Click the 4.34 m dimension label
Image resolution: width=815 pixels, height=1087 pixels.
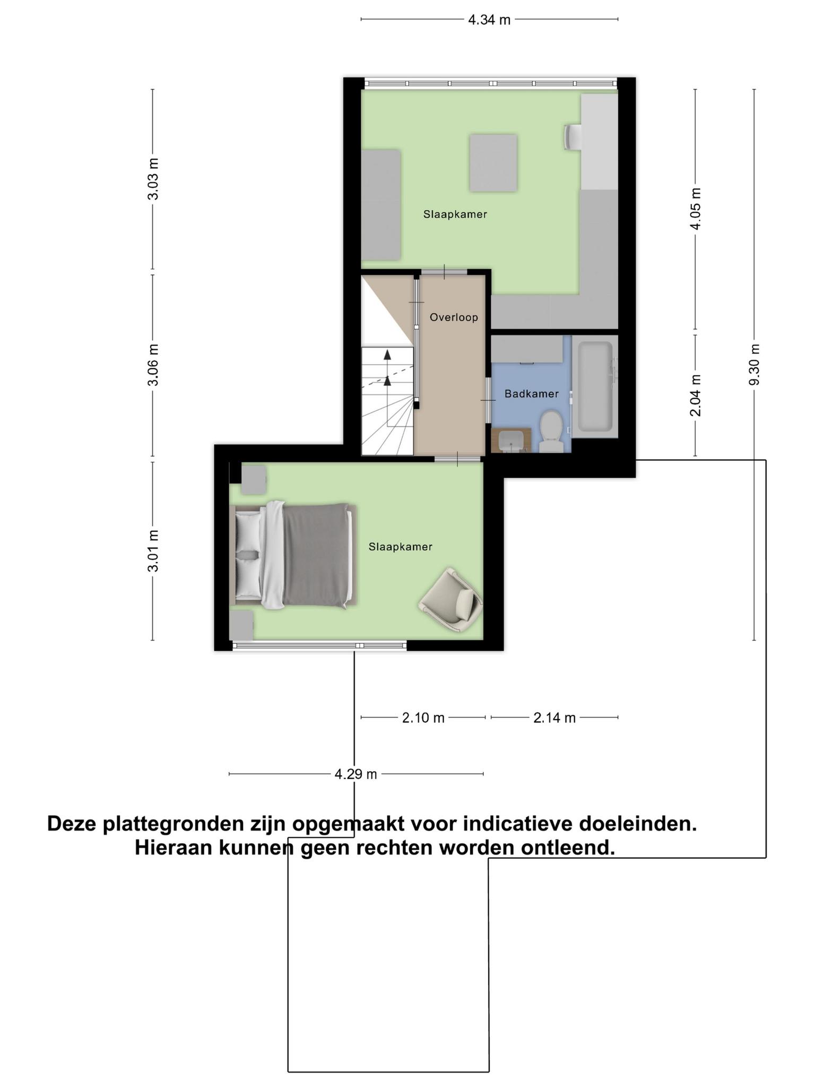[x=489, y=20]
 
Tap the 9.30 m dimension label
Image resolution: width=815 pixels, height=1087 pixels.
[x=755, y=365]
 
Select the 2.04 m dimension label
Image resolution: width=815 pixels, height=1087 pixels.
[x=696, y=395]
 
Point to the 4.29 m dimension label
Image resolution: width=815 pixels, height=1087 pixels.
[x=356, y=774]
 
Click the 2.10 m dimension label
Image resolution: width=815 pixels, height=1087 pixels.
[x=423, y=718]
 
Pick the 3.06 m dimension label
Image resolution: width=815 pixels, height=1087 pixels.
[x=153, y=365]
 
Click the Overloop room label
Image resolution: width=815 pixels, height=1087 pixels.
[x=454, y=317]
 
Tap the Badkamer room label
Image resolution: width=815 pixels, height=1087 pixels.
[x=531, y=394]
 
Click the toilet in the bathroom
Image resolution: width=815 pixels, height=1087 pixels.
[x=552, y=431]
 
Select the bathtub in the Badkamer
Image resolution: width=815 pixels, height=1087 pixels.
[x=595, y=386]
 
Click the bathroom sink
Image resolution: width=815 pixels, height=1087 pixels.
[x=511, y=440]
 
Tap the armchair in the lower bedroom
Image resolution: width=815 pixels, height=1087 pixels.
[x=452, y=600]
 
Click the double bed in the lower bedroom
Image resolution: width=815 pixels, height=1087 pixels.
[x=293, y=555]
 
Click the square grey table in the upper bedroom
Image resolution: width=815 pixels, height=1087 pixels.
[x=493, y=163]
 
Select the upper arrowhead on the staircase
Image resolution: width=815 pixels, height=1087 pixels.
[x=387, y=355]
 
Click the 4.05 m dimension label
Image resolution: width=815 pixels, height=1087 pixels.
[x=696, y=209]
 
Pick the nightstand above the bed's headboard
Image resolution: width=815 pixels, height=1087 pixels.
[x=253, y=480]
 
